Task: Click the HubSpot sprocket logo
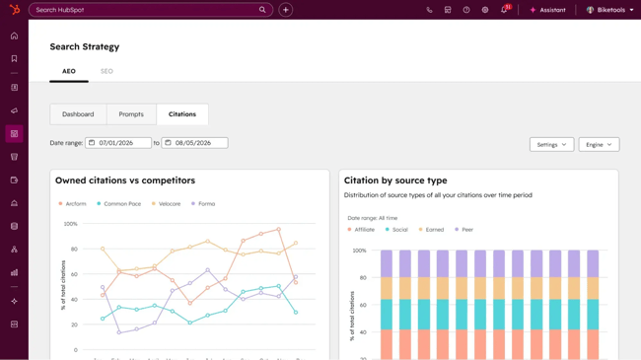click(x=14, y=10)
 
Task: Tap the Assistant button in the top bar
click(x=547, y=10)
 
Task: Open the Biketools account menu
click(x=610, y=10)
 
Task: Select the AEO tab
click(x=69, y=71)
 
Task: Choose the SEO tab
click(x=107, y=71)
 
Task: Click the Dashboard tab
click(x=78, y=114)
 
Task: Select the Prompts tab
click(x=131, y=114)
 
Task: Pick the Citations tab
click(x=182, y=114)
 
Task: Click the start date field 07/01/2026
click(x=118, y=143)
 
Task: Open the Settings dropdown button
click(x=551, y=144)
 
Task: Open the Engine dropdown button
click(x=599, y=144)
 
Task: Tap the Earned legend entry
click(x=433, y=230)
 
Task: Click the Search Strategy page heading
click(x=85, y=46)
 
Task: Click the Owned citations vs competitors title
click(x=125, y=180)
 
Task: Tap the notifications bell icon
click(x=504, y=10)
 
